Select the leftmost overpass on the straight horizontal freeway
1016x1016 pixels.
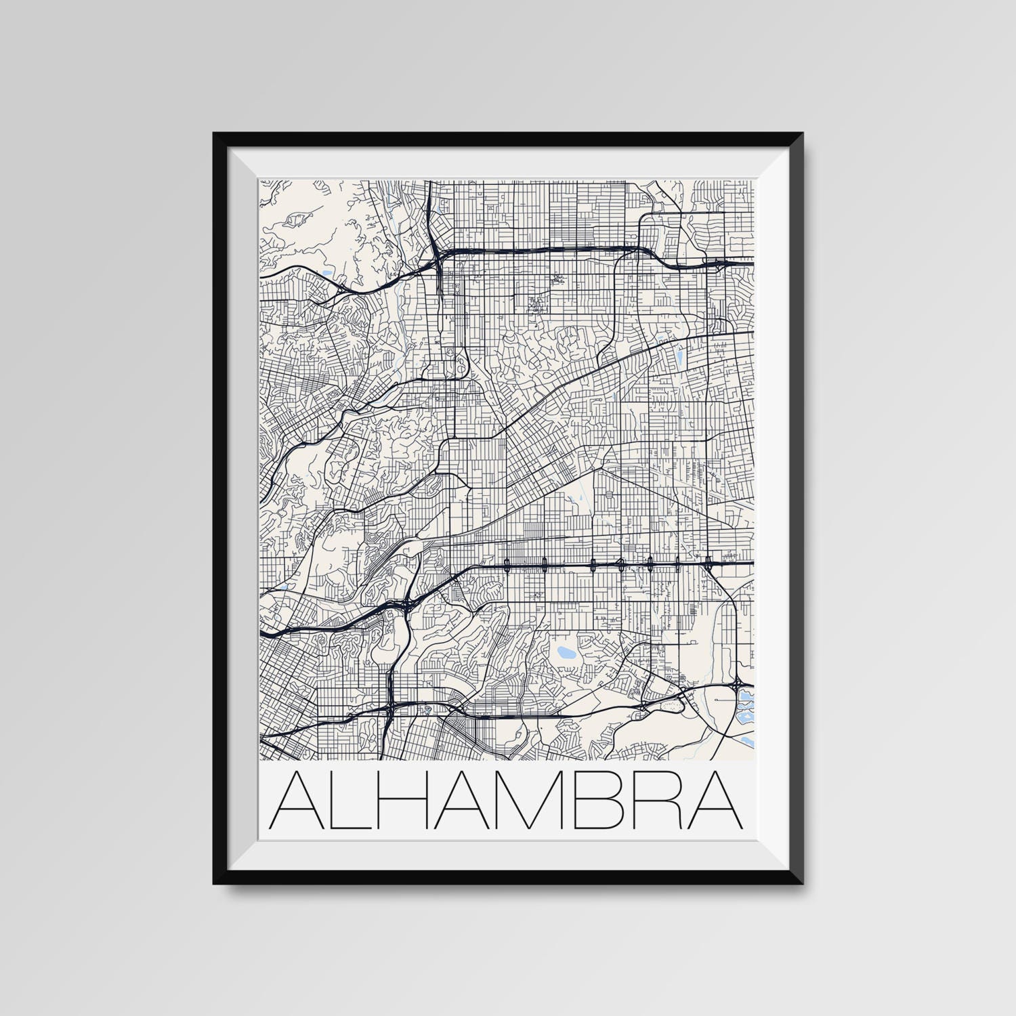click(506, 562)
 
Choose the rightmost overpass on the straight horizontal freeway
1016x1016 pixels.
click(708, 562)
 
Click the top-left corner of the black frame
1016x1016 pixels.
click(215, 134)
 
